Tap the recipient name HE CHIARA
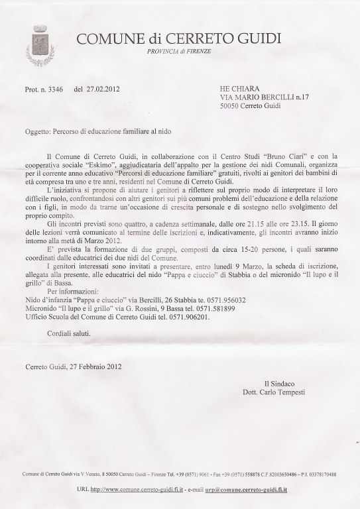240,87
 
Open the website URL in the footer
137,489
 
